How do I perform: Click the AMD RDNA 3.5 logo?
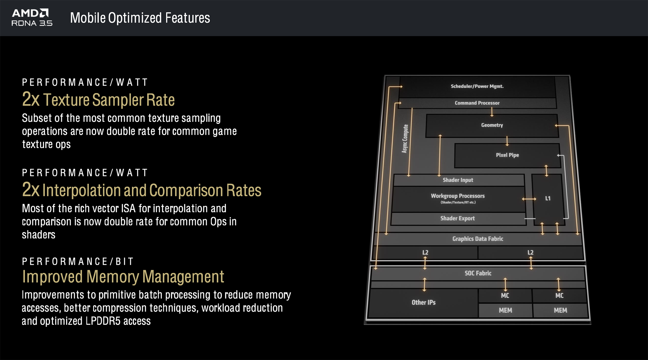31,17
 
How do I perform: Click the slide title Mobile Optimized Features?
140,18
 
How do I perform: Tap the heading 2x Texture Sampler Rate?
98,99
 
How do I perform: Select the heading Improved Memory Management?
123,277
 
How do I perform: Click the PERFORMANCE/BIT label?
78,261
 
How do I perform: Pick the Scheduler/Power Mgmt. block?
477,86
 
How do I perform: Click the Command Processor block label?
477,103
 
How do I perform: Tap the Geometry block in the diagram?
492,125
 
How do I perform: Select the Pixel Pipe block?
507,155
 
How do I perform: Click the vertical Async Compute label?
405,139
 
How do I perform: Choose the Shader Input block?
458,180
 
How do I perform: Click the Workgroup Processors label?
457,196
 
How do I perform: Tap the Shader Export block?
457,218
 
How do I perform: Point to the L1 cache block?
548,198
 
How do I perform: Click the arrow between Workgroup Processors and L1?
529,199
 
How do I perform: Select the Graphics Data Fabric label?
478,239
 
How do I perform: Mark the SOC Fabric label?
478,273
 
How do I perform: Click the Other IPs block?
423,302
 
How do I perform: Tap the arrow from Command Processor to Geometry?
492,112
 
